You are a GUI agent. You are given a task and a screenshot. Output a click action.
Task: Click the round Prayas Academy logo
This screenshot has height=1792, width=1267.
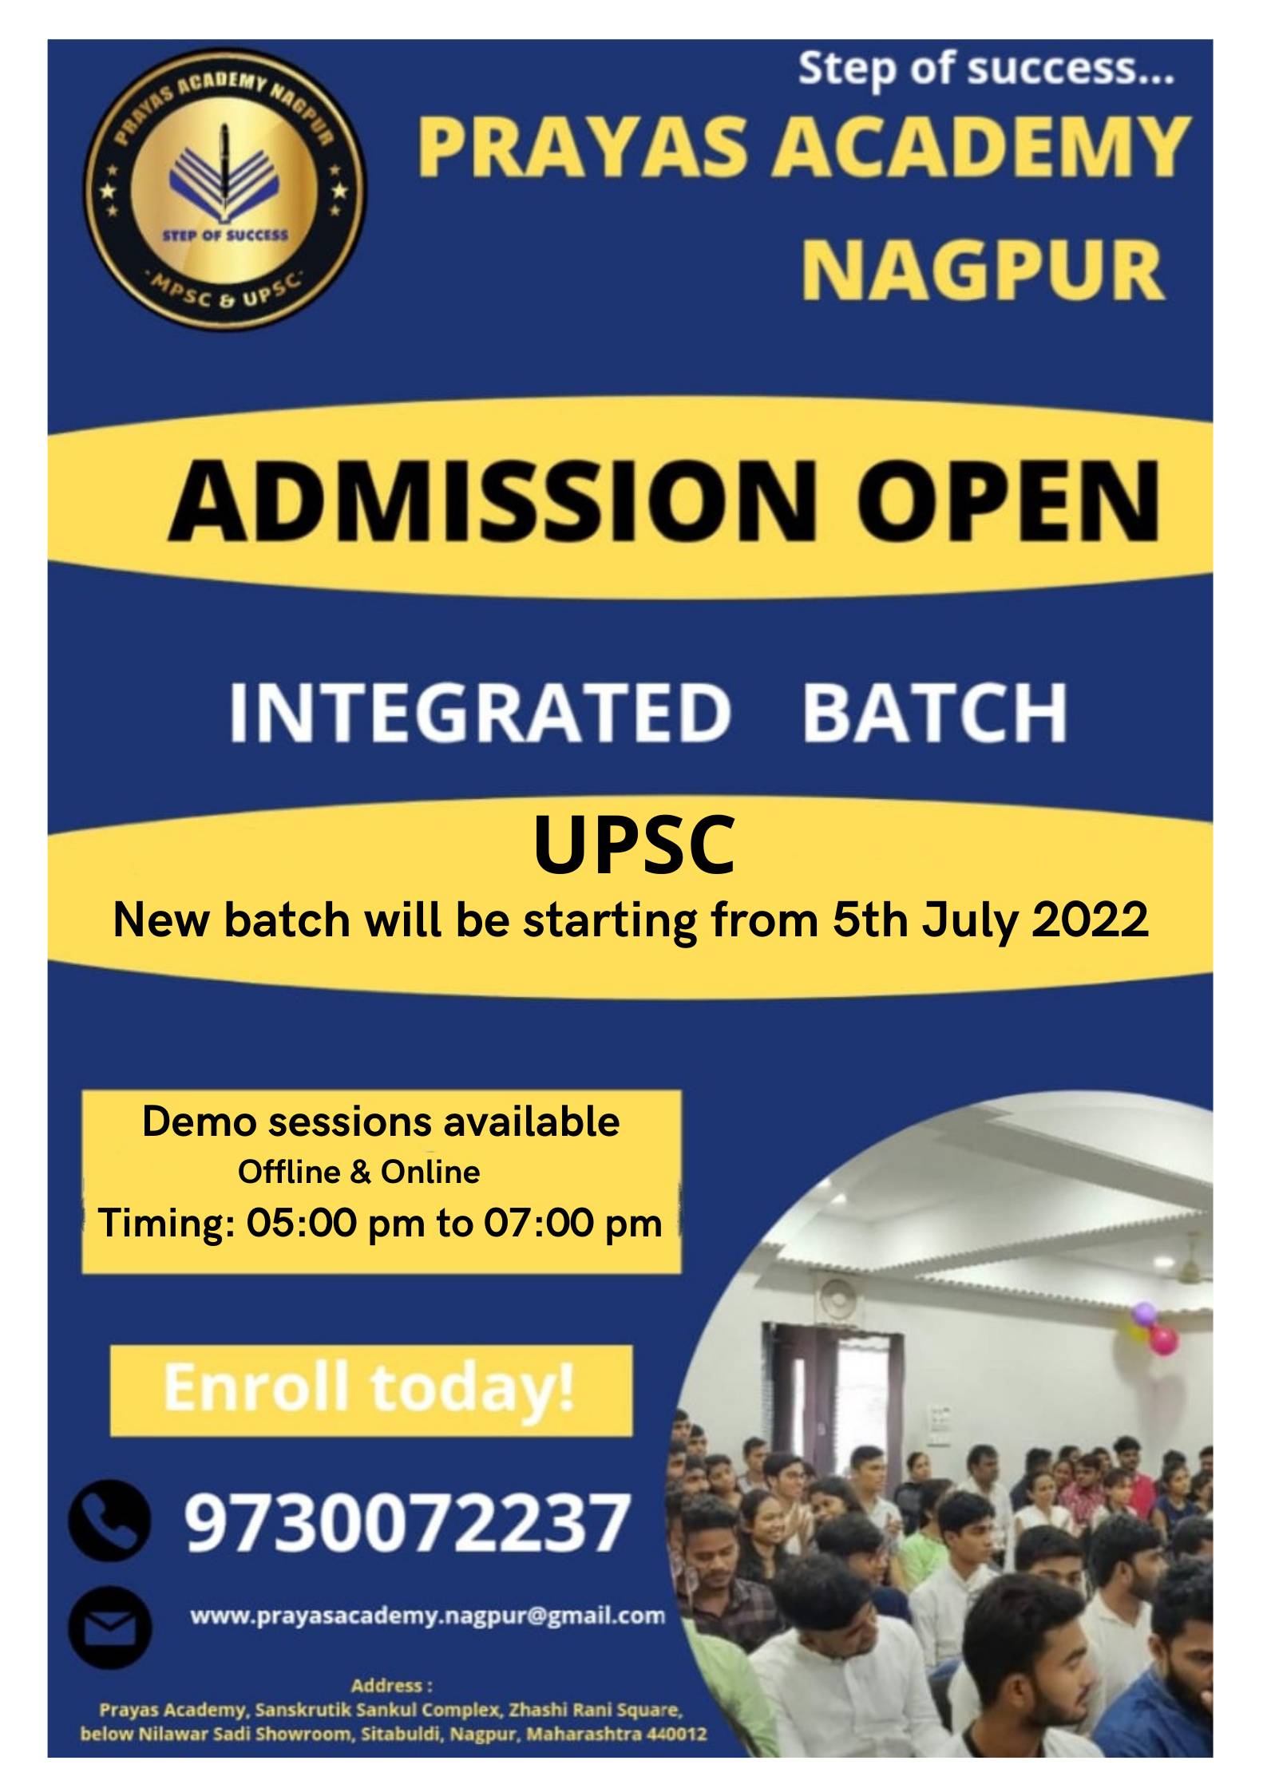click(225, 189)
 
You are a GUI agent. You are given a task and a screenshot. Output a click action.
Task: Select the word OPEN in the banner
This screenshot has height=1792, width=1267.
click(1008, 500)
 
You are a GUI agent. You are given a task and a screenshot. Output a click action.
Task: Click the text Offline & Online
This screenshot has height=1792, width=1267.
click(359, 1172)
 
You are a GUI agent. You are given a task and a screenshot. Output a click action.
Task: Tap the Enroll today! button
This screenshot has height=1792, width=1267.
click(370, 1390)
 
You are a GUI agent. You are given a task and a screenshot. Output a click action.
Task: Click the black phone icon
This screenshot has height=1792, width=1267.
click(110, 1521)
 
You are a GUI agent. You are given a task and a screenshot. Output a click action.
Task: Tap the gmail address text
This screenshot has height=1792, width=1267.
click(427, 1616)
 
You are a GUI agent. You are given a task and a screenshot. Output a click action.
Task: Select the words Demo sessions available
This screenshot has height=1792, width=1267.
click(381, 1121)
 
